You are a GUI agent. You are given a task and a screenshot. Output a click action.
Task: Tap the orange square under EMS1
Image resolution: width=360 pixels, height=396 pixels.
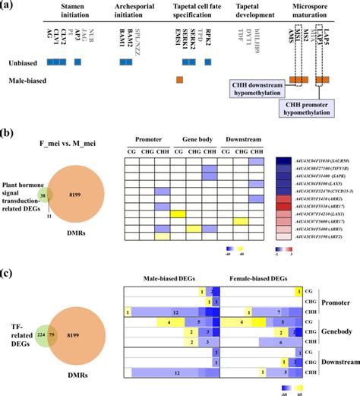pos(179,80)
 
